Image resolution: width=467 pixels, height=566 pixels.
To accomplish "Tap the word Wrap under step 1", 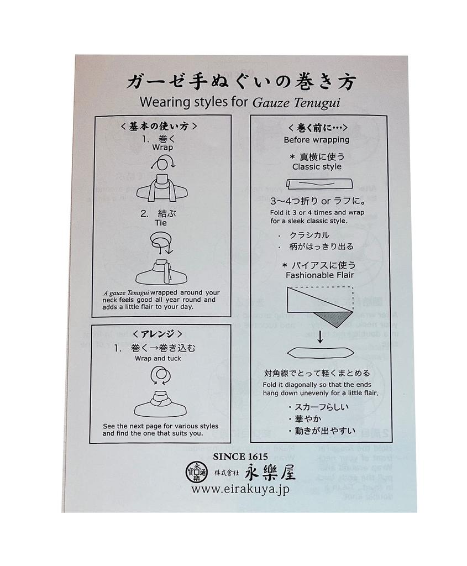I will click(x=162, y=148).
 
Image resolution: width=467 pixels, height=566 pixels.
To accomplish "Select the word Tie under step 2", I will click(x=160, y=223).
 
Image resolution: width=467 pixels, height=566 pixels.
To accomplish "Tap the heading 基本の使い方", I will click(x=158, y=127).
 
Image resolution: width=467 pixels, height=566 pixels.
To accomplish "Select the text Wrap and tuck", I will click(x=158, y=358).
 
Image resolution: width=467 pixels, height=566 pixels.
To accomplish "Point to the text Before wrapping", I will click(x=316, y=140).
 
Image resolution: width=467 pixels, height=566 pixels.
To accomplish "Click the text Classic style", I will click(x=317, y=166).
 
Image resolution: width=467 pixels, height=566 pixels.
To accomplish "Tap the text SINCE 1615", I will click(x=240, y=457).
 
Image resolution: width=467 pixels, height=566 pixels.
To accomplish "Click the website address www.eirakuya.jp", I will click(x=240, y=489).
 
